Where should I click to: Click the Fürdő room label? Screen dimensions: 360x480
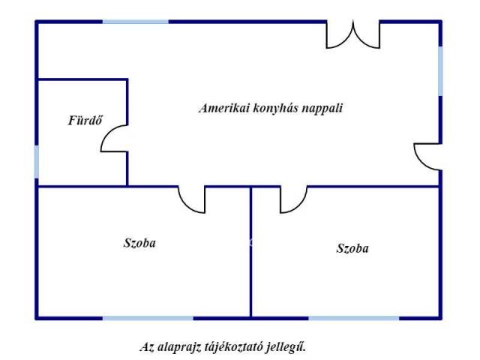[85, 119]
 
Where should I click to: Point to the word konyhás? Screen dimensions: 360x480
[274, 108]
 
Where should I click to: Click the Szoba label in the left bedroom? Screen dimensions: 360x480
[140, 243]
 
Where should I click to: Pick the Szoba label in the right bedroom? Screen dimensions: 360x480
[352, 248]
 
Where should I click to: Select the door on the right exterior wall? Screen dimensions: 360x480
[427, 155]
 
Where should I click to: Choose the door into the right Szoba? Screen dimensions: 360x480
[292, 199]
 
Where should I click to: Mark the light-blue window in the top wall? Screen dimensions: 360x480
[135, 21]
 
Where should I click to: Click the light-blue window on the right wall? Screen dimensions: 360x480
[440, 70]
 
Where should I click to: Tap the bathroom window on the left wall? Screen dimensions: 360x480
[36, 161]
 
